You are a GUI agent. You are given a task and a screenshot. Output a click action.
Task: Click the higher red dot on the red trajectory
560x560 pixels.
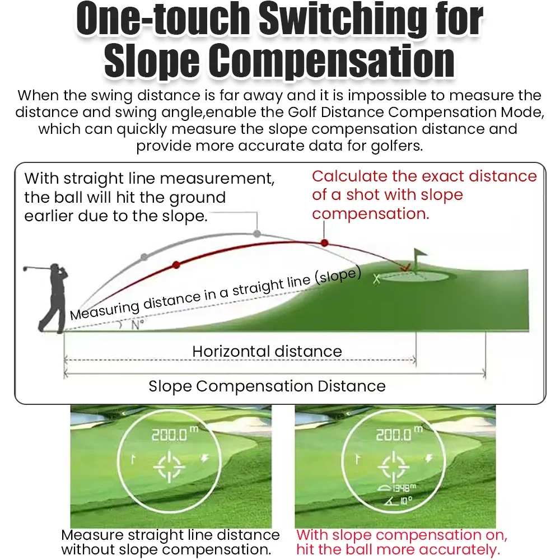coord(324,243)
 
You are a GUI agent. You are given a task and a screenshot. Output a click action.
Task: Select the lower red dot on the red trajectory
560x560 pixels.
coord(176,265)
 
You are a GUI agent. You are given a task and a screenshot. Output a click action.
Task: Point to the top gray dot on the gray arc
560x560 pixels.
coord(257,234)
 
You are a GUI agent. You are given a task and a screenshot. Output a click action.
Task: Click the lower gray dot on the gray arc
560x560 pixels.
coord(144,257)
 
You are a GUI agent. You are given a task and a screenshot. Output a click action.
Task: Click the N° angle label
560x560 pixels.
coord(138,325)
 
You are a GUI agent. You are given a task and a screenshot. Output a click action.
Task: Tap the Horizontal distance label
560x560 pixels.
coord(267,352)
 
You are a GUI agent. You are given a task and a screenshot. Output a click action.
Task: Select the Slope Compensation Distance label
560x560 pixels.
coord(267,386)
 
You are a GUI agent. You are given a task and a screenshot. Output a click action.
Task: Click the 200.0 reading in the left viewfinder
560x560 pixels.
coord(169,435)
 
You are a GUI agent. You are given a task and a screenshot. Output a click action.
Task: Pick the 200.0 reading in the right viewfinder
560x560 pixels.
coord(394,435)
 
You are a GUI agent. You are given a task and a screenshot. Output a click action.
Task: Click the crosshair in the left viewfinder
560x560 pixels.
coord(170,466)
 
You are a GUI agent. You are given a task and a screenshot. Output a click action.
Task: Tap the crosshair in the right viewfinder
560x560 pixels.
coord(394,466)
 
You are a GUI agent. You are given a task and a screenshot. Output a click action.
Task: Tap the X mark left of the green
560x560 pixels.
coord(376,279)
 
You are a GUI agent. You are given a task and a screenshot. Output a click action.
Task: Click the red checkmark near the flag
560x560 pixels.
coord(405,267)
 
